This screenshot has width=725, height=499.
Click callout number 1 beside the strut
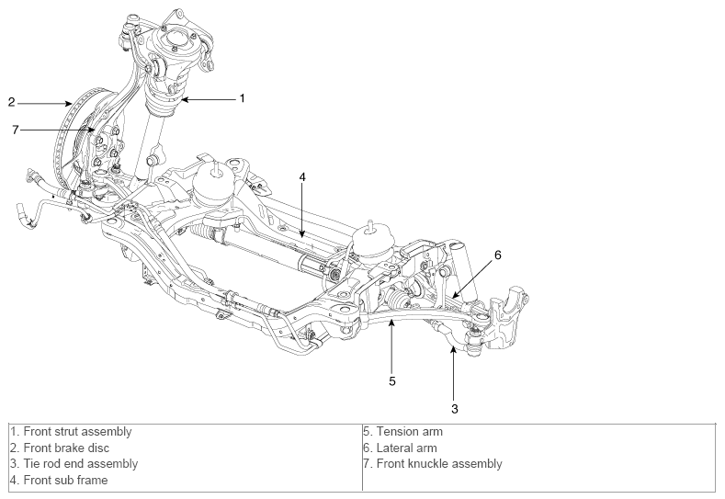tap(242, 98)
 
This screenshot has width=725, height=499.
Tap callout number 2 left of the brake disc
tap(12, 102)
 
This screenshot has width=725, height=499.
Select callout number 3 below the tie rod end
tap(455, 409)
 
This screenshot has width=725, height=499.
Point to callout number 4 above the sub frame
tap(302, 177)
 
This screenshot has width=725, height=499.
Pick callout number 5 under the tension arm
tap(392, 381)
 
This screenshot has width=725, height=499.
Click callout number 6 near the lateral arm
tap(497, 255)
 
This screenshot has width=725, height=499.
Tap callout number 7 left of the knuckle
tap(16, 130)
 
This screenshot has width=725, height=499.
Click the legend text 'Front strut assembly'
tap(78, 432)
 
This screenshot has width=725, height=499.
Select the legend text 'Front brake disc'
tap(66, 448)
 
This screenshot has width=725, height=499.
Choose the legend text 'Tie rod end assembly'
tap(81, 463)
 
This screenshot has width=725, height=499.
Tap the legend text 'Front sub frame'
tap(65, 480)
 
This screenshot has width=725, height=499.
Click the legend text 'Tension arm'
tap(410, 432)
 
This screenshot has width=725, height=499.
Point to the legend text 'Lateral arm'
tap(407, 448)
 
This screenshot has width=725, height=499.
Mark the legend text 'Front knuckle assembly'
tap(439, 463)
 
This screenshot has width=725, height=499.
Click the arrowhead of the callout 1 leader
tap(185, 99)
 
